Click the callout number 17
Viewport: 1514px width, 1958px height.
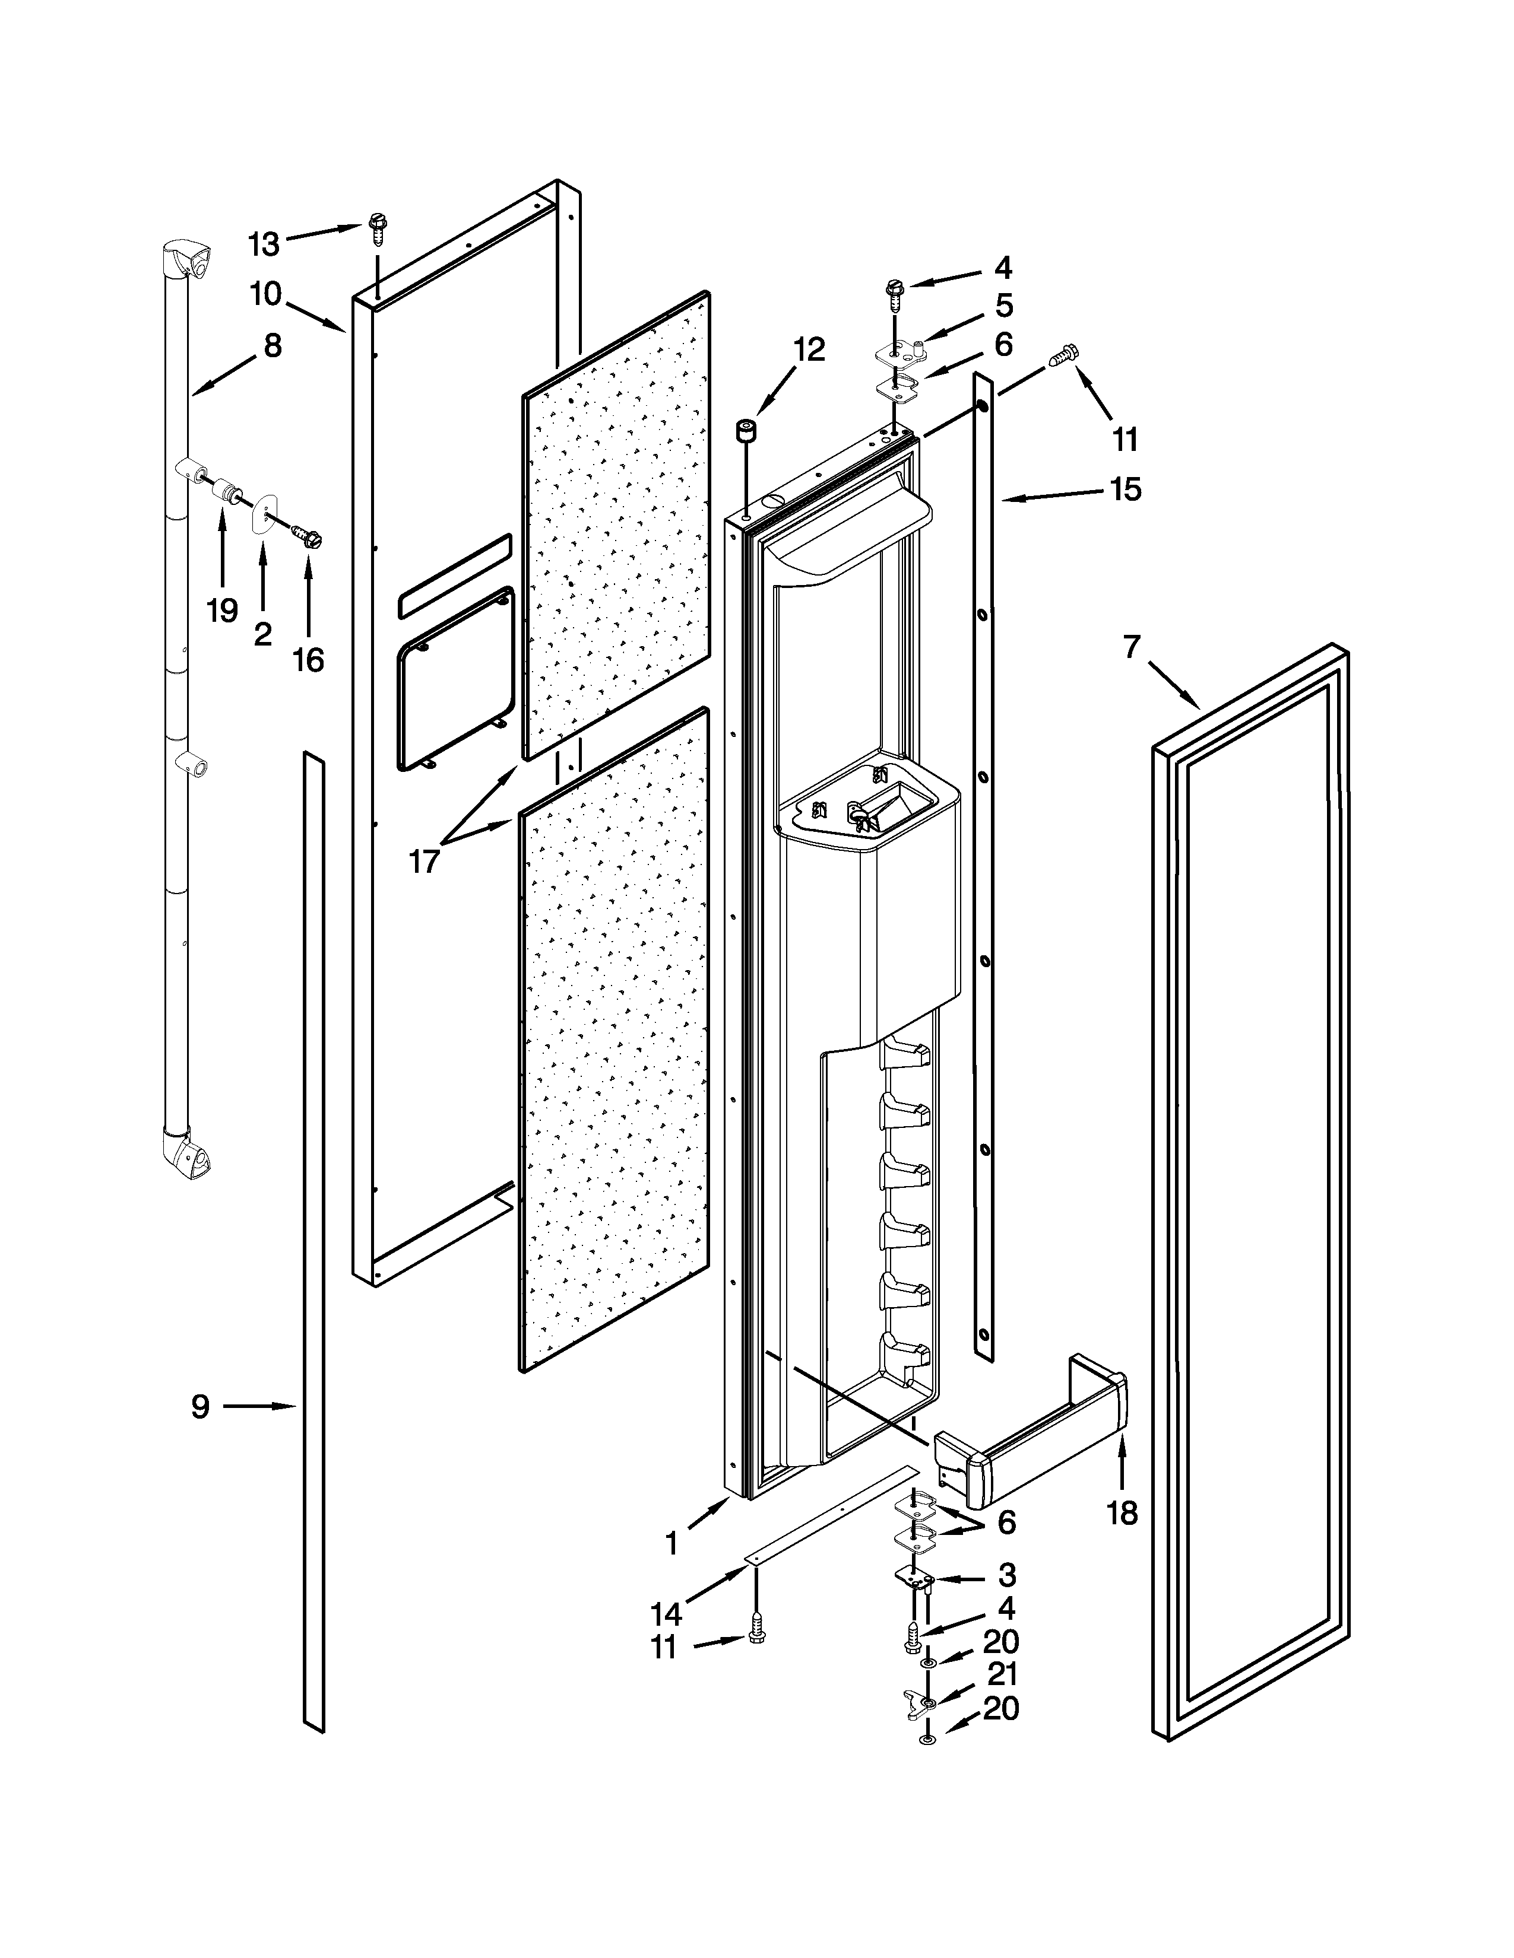pos(423,862)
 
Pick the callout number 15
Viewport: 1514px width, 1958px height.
pos(1125,490)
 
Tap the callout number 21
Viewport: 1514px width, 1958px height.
pos(1001,1674)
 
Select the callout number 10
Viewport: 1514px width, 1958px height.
pos(265,293)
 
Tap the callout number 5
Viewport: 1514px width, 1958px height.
pos(1003,306)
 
